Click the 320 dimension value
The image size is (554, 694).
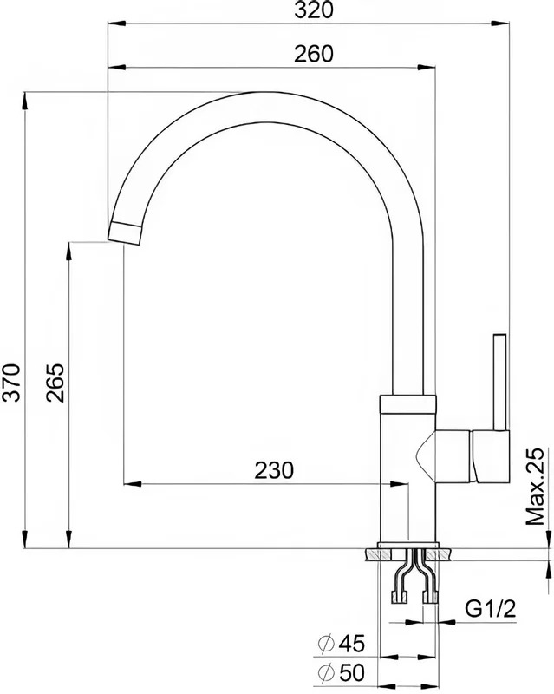click(x=313, y=10)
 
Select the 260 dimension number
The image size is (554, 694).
click(x=313, y=54)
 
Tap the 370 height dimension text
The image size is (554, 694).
click(x=12, y=383)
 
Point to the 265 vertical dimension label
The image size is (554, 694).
click(x=55, y=383)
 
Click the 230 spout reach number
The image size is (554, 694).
click(x=274, y=470)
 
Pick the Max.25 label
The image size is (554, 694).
click(x=535, y=487)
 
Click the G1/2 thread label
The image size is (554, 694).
click(x=491, y=610)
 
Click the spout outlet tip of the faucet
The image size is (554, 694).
click(x=125, y=233)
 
